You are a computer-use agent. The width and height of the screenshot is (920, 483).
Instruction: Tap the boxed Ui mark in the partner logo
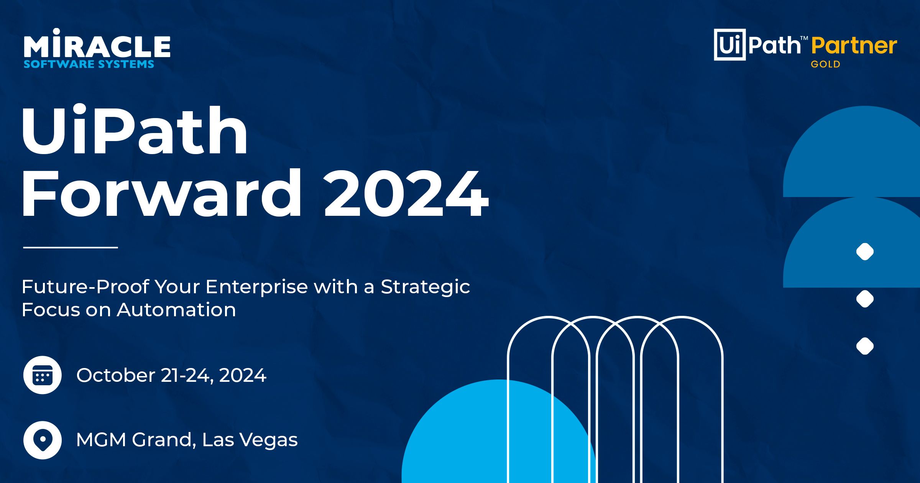[729, 45]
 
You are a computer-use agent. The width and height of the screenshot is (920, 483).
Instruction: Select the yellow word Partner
[854, 46]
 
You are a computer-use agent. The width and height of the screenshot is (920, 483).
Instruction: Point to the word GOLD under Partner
[825, 64]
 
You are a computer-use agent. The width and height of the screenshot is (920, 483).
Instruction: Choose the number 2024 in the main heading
[406, 194]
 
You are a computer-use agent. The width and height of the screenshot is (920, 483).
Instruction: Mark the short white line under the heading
[71, 248]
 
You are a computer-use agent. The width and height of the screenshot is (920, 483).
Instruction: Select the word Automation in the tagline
[176, 310]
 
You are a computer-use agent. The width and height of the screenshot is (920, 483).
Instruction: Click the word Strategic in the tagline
[425, 287]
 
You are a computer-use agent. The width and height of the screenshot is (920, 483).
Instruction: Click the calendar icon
[43, 375]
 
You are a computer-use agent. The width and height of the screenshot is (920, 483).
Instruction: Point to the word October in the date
[115, 375]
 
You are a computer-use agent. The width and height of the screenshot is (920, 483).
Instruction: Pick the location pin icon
[43, 440]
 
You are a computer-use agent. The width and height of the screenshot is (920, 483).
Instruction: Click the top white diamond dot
[865, 252]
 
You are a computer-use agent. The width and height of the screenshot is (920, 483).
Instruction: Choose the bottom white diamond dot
[865, 346]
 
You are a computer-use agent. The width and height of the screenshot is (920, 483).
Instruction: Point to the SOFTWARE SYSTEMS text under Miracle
[89, 64]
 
